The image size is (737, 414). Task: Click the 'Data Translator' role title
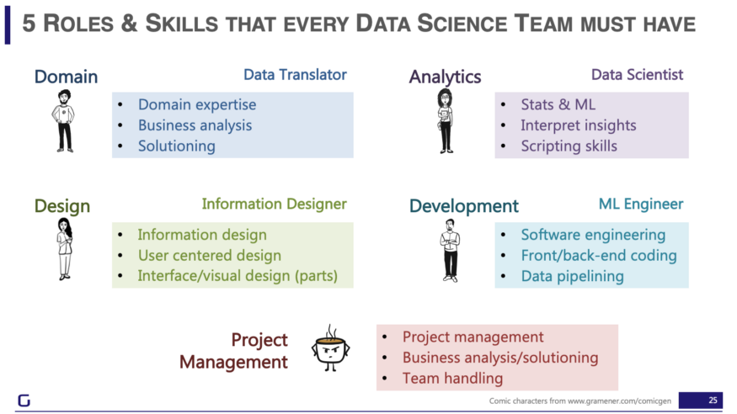(295, 75)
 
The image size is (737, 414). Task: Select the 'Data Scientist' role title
(637, 75)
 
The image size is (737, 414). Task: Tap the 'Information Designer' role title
(274, 204)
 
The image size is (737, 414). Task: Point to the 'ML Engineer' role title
(641, 204)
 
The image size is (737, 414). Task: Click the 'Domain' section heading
(66, 77)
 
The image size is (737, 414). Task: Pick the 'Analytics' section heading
(445, 77)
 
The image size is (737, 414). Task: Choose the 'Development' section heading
(464, 206)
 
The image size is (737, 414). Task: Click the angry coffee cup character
(330, 348)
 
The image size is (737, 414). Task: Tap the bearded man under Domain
(64, 121)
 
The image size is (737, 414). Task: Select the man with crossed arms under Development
(451, 251)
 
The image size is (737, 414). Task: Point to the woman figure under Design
(64, 249)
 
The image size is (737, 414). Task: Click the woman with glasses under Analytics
(446, 121)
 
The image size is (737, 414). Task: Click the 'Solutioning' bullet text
(177, 146)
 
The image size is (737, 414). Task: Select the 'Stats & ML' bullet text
(558, 104)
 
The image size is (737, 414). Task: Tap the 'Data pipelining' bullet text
(572, 277)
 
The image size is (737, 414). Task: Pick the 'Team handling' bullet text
(452, 379)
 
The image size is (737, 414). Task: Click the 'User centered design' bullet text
(210, 255)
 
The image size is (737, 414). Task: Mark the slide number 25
(713, 401)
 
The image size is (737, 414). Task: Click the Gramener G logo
(24, 401)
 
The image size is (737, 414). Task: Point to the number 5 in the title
(29, 24)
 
